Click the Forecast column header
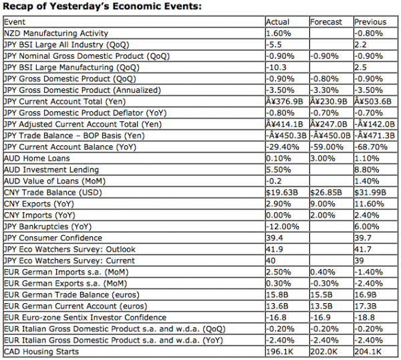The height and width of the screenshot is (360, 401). pyautogui.click(x=326, y=22)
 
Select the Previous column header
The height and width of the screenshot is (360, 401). pyautogui.click(x=370, y=22)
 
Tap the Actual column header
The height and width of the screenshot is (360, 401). pyautogui.click(x=278, y=22)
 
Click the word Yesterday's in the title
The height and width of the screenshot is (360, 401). pyautogui.click(x=80, y=7)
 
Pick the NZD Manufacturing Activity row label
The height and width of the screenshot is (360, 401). pyautogui.click(x=56, y=33)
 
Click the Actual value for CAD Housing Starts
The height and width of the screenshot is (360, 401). pyautogui.click(x=280, y=351)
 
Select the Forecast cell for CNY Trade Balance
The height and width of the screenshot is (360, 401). pyautogui.click(x=326, y=193)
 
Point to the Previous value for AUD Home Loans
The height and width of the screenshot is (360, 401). pyautogui.click(x=367, y=159)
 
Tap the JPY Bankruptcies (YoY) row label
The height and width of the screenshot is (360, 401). pyautogui.click(x=48, y=227)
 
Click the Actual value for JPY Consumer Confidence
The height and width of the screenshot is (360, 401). pyautogui.click(x=275, y=238)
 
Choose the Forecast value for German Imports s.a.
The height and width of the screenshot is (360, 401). pyautogui.click(x=323, y=272)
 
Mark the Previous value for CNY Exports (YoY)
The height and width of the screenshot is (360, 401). pyautogui.click(x=370, y=204)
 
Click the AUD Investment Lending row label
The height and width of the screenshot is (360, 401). pyautogui.click(x=51, y=170)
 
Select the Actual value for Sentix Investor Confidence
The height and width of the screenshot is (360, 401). pyautogui.click(x=275, y=317)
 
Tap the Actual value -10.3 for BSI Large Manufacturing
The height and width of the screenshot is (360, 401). pyautogui.click(x=276, y=68)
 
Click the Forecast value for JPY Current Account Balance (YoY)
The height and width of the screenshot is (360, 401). pyautogui.click(x=327, y=147)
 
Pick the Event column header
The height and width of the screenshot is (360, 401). pyautogui.click(x=15, y=22)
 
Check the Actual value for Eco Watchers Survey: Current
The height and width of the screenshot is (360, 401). pyautogui.click(x=271, y=261)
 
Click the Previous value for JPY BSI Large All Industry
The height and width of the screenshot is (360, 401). pyautogui.click(x=361, y=45)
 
